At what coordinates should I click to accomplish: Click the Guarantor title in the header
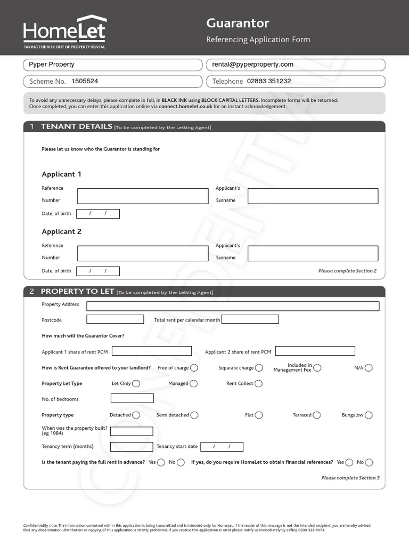coord(238,23)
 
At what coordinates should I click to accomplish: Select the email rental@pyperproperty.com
coord(252,65)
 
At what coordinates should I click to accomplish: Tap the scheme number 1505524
coord(85,82)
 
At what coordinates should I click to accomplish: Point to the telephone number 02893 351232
coord(268,82)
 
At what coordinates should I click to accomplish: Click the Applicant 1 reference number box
coord(143,196)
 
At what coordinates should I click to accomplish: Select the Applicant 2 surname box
coord(313,253)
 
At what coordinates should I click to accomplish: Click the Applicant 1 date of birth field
coord(98,214)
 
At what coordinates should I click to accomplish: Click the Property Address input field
coord(233,306)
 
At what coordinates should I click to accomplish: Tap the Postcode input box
coord(115,319)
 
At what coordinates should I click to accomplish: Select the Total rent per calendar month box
coord(250,319)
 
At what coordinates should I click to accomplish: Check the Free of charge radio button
coord(194,368)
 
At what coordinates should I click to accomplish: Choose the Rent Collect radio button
coord(258,383)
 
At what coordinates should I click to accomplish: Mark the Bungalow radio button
coord(369,415)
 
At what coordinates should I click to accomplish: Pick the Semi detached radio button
coord(194,415)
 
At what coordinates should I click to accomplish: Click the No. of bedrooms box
coord(132,398)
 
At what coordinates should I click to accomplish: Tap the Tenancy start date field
coord(222,446)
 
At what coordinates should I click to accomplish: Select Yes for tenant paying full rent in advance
coord(161,462)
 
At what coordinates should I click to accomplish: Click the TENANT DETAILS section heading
coord(76,127)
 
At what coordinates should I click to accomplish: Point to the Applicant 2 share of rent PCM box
coord(315,351)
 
